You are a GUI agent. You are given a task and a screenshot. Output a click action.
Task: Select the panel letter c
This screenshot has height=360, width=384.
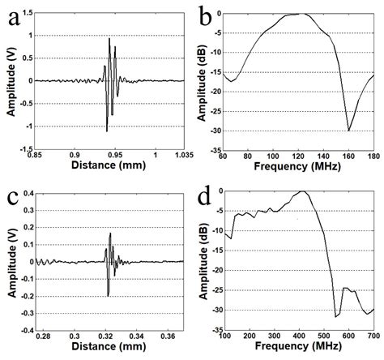click(x=13, y=195)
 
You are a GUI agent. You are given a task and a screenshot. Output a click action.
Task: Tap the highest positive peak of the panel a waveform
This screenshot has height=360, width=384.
click(x=109, y=38)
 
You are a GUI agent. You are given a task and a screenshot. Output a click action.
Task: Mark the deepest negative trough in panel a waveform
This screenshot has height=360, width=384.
click(x=107, y=131)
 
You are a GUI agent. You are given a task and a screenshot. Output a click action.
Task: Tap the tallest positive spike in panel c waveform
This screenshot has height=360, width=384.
click(x=110, y=234)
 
